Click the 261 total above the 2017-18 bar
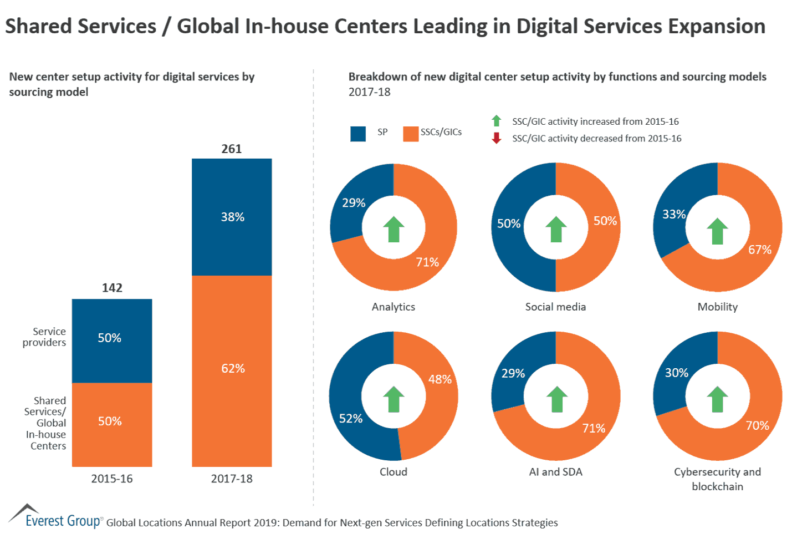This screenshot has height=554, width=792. point(232,149)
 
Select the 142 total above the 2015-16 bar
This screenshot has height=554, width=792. point(112,288)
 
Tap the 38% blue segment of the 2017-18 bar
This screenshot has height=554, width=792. point(232,217)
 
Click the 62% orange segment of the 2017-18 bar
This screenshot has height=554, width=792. point(232,369)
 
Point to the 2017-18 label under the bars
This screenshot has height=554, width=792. point(232,479)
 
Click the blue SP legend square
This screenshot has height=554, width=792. point(358,134)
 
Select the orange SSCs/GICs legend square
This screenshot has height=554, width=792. point(411,134)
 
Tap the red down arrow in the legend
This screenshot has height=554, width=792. point(497,138)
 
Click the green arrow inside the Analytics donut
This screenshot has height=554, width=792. point(394,229)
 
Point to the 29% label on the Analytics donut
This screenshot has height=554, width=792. point(354,203)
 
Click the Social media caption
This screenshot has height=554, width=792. point(555,307)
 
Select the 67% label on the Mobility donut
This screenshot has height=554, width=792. point(759,250)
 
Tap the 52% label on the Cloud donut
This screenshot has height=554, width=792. point(351,419)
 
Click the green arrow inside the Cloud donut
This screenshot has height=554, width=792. point(394,399)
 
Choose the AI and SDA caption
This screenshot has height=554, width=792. point(555,472)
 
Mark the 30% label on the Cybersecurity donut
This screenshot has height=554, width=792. point(677,373)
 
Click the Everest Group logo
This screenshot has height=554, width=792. point(55,517)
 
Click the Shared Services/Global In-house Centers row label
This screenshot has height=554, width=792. point(46,423)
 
